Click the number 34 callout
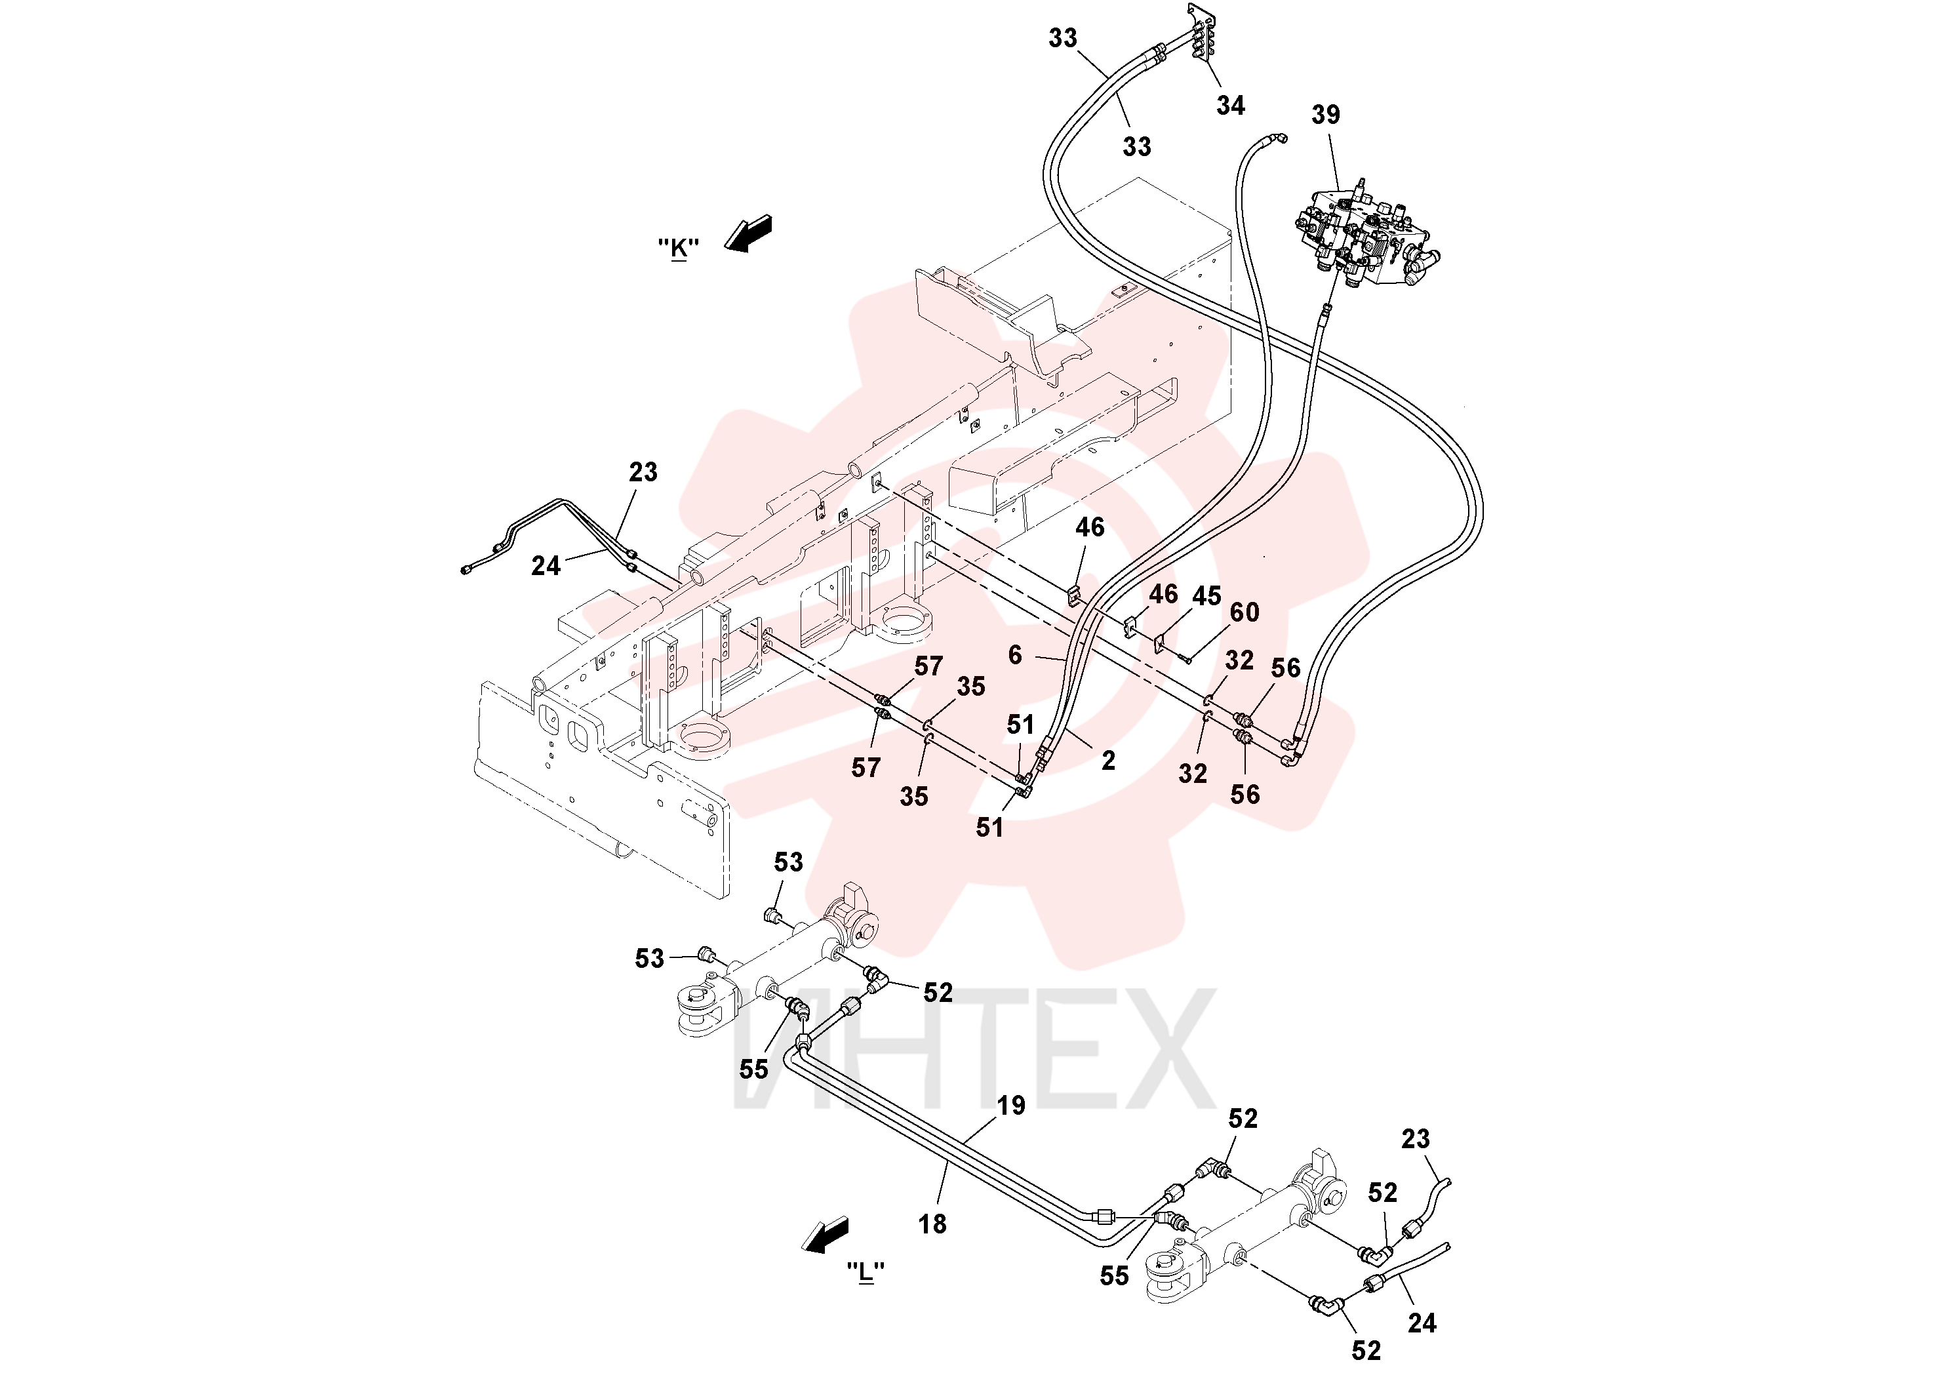coord(1230,106)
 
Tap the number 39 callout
coord(1325,115)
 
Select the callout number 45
coord(1206,596)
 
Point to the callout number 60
coord(1245,612)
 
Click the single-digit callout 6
coord(1015,654)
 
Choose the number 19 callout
coord(1011,1106)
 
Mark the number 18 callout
coord(932,1224)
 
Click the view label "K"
coord(679,249)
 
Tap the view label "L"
coord(866,1273)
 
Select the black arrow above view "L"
coord(825,1235)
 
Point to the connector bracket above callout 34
coord(1201,34)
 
